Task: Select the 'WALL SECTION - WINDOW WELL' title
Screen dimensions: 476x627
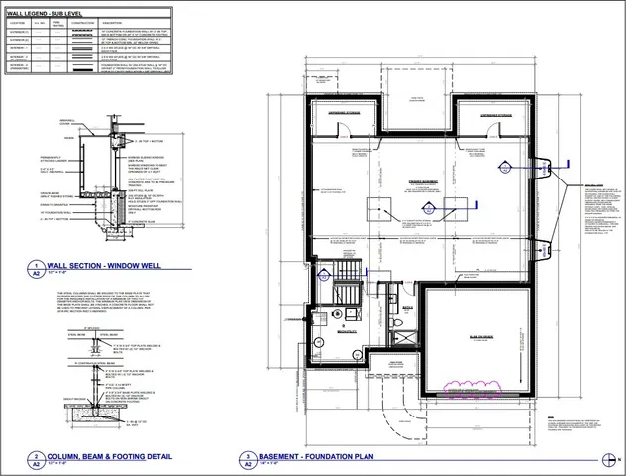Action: point(108,266)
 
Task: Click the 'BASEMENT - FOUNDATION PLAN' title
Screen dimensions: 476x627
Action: point(316,457)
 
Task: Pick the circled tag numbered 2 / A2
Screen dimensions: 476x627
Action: point(36,460)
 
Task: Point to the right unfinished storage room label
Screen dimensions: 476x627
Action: point(495,115)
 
